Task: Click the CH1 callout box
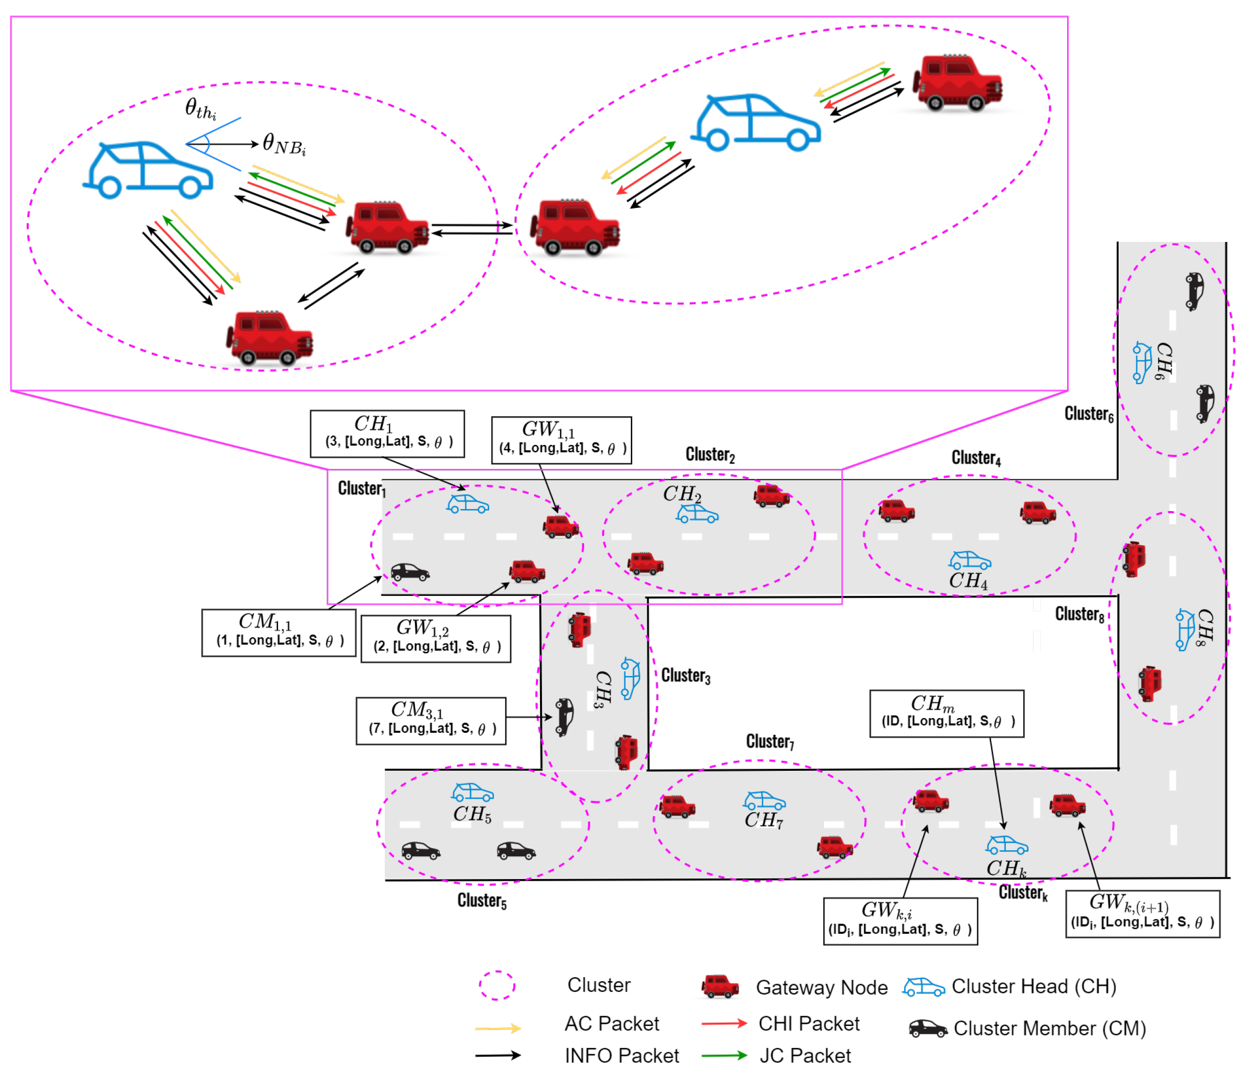tap(387, 434)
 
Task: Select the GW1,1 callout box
tap(561, 440)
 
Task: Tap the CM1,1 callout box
tap(279, 633)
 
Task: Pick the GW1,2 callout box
tap(435, 638)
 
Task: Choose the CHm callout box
tap(946, 713)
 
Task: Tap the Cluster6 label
tap(1088, 414)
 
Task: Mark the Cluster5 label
tap(482, 900)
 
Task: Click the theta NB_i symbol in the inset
tap(284, 145)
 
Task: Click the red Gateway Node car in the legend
tap(720, 986)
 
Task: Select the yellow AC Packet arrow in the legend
tap(497, 1028)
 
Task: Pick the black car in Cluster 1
tap(410, 571)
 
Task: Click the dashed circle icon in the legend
tap(497, 985)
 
